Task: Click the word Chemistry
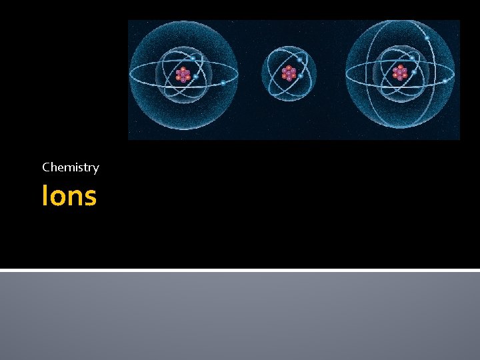coord(70,167)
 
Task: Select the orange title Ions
coord(69,196)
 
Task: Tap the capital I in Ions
coord(44,196)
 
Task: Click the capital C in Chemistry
coord(46,167)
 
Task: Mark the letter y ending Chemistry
coord(96,169)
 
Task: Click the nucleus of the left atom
coord(183,75)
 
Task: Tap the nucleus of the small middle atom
coord(289,73)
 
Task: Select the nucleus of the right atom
coord(399,73)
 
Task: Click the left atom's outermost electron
coord(223,83)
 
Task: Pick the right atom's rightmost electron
coord(445,81)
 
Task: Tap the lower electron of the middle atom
coord(301,76)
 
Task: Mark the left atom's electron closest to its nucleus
coord(195,76)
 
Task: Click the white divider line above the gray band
coord(240,270)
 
